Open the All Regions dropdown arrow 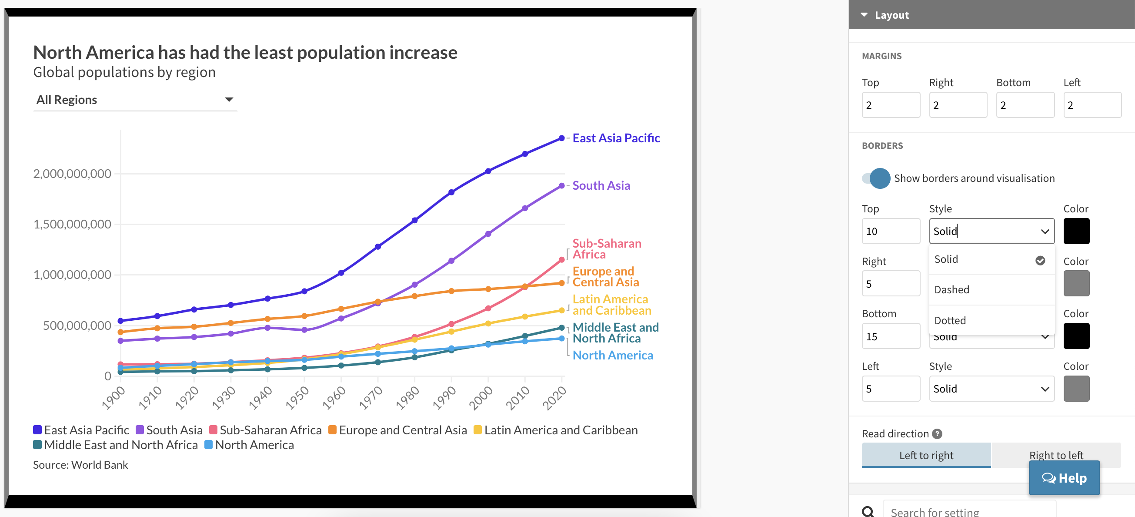point(229,100)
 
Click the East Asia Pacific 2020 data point point(561,138)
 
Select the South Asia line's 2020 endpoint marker point(561,186)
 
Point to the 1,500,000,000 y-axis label point(72,225)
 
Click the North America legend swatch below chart point(209,445)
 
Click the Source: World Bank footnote point(80,465)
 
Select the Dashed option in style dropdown point(952,289)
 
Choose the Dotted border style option point(950,320)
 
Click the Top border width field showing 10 point(891,232)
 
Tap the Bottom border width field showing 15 point(891,336)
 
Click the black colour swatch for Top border point(1076,232)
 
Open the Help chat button point(1064,478)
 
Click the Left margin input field point(1092,105)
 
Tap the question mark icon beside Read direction point(937,434)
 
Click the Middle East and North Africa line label point(615,333)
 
